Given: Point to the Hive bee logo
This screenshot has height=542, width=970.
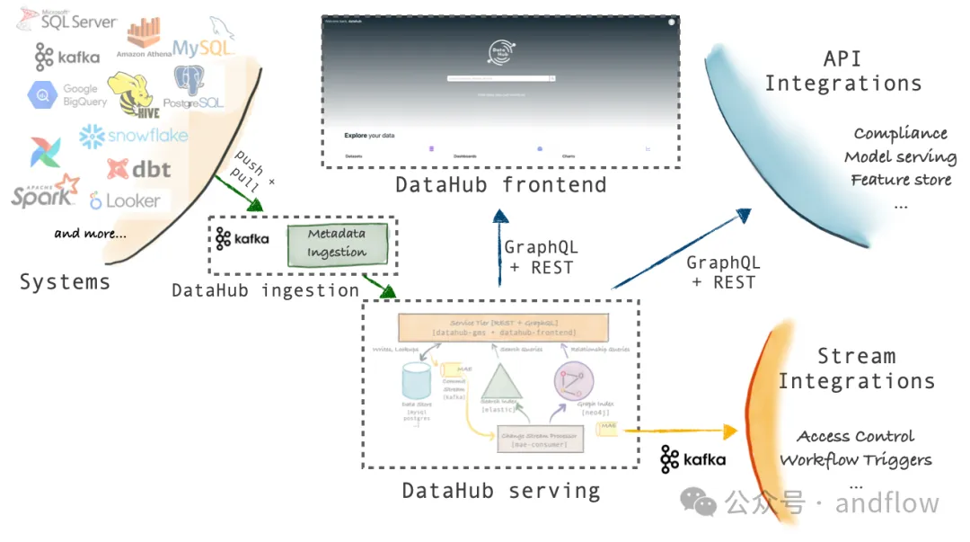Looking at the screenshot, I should click(x=132, y=95).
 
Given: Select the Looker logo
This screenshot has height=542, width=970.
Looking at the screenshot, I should click(x=125, y=201).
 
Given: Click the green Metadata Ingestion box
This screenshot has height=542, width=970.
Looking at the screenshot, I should click(x=337, y=244).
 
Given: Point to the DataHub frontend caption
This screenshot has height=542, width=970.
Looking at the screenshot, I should click(x=500, y=185).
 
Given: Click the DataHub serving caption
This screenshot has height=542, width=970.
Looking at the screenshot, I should click(x=500, y=491).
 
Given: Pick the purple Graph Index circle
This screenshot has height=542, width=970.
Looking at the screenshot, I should click(x=574, y=381).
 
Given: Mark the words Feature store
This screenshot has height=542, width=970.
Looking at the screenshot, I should click(x=901, y=180).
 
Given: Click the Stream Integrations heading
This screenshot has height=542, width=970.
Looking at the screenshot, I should click(x=856, y=369).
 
